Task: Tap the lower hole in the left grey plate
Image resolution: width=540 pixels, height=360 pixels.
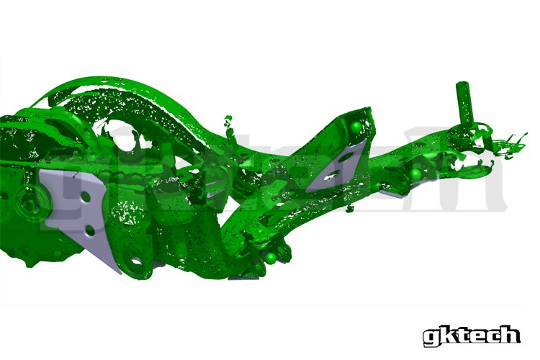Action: click(x=87, y=230)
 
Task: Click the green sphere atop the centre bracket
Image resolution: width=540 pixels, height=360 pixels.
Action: click(x=356, y=127)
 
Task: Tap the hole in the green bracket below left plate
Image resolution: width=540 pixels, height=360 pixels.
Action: click(x=132, y=252)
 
